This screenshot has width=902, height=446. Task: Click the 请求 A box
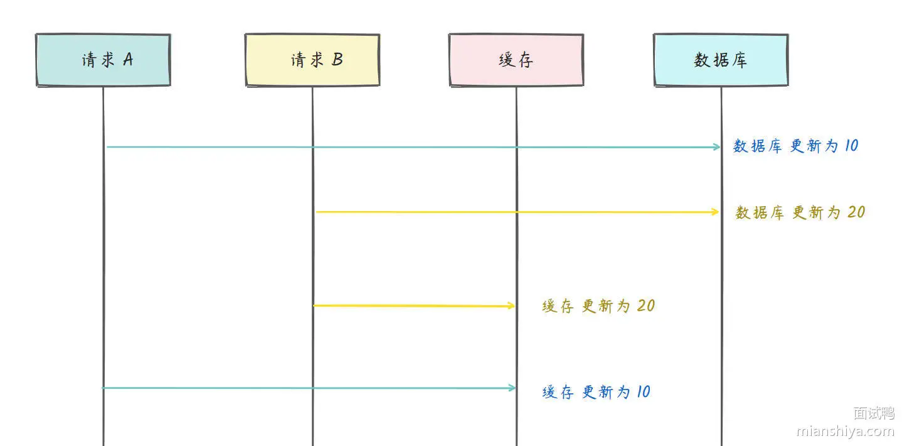point(103,60)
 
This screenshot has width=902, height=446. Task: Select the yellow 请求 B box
point(312,60)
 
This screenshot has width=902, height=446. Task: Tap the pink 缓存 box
point(516,60)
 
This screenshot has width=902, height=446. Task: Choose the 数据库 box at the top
point(721,60)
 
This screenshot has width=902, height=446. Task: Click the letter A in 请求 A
point(128,59)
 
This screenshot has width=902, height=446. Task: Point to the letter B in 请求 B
point(337,59)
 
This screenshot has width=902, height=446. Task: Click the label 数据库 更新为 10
point(795,146)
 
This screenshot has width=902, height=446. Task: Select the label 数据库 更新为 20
point(800,212)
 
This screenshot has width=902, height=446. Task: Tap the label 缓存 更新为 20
point(598,306)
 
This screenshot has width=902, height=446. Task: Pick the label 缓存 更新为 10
point(596,392)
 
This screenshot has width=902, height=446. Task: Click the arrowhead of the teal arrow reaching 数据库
point(717,147)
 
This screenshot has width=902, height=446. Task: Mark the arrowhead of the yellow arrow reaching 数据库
point(715,212)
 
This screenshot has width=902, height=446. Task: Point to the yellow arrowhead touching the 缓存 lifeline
point(511,306)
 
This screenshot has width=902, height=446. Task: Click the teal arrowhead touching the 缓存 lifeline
point(512,388)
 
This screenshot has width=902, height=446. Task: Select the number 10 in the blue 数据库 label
point(851,145)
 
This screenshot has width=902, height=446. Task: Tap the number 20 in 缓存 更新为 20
point(646,306)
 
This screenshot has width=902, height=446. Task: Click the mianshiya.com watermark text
point(845,431)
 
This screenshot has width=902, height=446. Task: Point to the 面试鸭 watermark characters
point(874,413)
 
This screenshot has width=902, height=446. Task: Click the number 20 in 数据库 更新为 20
point(856,212)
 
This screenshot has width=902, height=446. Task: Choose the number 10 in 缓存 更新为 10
point(644,391)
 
